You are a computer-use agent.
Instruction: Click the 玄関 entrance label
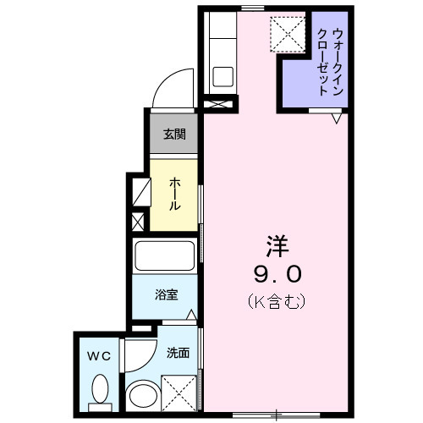pyautogui.click(x=174, y=134)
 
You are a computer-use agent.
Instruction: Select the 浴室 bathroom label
pyautogui.click(x=165, y=295)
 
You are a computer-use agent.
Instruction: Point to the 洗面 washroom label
pyautogui.click(x=178, y=352)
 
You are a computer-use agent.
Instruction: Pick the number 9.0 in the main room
pyautogui.click(x=277, y=274)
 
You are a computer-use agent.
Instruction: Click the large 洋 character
pyautogui.click(x=277, y=246)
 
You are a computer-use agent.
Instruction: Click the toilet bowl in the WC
pyautogui.click(x=100, y=391)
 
